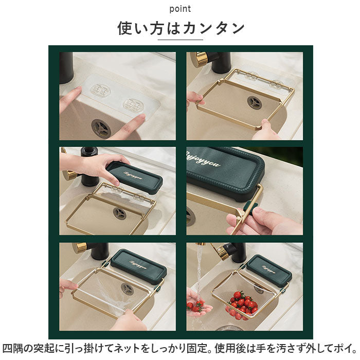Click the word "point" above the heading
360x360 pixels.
pos(180,9)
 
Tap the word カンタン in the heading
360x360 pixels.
pos(214,28)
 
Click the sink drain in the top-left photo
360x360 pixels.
pos(101,129)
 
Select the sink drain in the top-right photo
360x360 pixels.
pos(255,103)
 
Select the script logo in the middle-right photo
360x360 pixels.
pos(203,158)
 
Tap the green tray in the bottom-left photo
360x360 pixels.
pos(139,266)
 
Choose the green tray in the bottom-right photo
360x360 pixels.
pos(269,270)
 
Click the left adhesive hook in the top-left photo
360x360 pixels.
pos(101,91)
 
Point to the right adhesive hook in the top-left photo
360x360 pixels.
pos(133,106)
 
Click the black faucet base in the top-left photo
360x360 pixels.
pos(66,68)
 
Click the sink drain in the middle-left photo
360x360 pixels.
pos(120,213)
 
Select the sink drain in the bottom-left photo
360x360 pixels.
pos(127,289)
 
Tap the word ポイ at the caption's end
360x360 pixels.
pos(342,349)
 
